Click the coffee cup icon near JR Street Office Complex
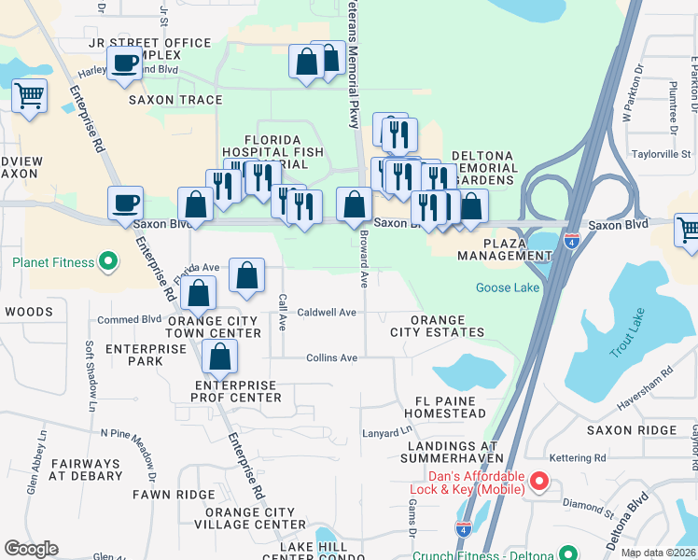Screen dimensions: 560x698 click(124, 63)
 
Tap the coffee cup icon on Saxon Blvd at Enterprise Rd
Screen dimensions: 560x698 click(125, 203)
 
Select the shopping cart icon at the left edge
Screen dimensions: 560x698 click(30, 94)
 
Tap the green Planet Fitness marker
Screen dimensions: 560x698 click(107, 261)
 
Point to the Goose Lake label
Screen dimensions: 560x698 click(508, 287)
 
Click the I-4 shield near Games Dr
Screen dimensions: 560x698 click(463, 528)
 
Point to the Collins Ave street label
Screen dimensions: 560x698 click(332, 357)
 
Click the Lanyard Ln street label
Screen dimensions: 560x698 click(386, 433)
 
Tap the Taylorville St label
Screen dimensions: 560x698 click(660, 154)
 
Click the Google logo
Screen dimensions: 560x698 click(31, 549)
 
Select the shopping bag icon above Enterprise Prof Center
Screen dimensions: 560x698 click(219, 356)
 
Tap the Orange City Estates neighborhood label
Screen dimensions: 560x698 click(437, 326)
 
